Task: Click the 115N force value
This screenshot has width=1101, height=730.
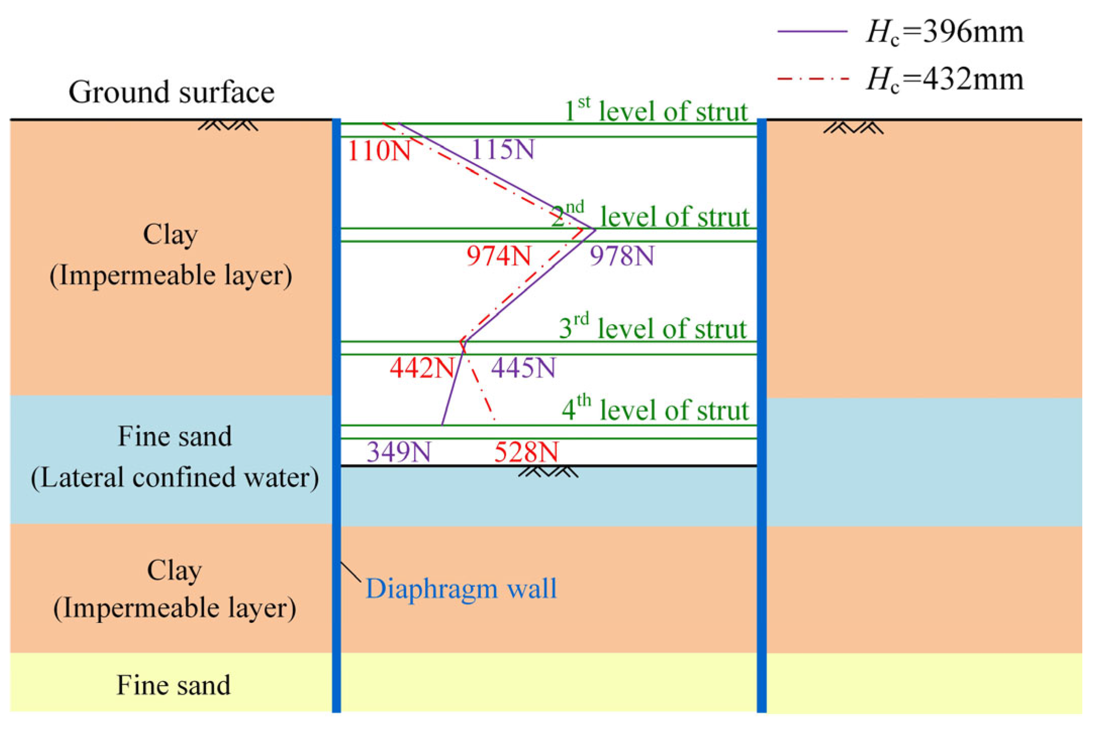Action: [x=503, y=149]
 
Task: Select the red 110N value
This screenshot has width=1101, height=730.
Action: [x=379, y=150]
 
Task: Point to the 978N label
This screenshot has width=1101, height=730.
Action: [x=622, y=256]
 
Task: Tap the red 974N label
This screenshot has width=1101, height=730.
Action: [x=498, y=256]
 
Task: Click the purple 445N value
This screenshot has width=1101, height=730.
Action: [x=523, y=368]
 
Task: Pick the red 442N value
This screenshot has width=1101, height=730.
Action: [x=422, y=368]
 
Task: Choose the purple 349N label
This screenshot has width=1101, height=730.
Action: [x=398, y=451]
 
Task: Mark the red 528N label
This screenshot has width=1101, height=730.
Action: [x=526, y=452]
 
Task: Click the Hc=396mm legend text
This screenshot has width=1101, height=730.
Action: [x=944, y=32]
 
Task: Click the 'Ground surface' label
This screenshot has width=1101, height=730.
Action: [x=171, y=92]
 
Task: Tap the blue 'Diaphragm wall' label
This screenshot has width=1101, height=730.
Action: [x=461, y=589]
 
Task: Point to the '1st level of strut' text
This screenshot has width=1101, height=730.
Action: [x=655, y=111]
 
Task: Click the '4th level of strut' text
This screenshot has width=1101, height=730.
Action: [x=655, y=409]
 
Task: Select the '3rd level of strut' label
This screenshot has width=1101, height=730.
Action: [x=653, y=328]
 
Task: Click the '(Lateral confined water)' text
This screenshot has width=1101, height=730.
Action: [x=175, y=478]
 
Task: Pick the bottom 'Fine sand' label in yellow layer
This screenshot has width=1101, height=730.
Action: [x=173, y=685]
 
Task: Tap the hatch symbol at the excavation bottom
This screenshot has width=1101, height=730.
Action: [x=548, y=472]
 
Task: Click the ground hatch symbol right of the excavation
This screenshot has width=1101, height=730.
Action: [x=853, y=128]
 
